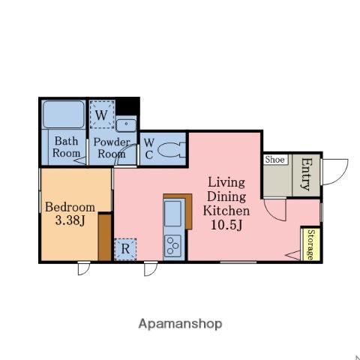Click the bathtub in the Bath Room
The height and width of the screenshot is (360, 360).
[x=64, y=115]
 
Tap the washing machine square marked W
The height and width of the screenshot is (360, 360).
[x=102, y=115]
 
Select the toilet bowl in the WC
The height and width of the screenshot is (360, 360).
[x=172, y=150]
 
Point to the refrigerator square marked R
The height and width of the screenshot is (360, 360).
[x=125, y=249]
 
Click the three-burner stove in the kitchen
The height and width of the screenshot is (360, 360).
[x=172, y=246]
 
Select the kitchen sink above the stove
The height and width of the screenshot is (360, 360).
[x=172, y=214]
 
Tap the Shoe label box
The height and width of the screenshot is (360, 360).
[x=275, y=160]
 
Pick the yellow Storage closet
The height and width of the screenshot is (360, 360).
[x=311, y=244]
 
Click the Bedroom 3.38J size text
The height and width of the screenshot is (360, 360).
[x=70, y=220]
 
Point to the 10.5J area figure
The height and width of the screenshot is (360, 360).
[x=226, y=225]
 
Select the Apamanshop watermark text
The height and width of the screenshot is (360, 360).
[x=180, y=324]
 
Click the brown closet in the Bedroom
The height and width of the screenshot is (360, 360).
[x=105, y=237]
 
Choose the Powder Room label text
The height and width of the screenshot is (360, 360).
[x=112, y=148]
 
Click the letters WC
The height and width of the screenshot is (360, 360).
[x=149, y=149]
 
